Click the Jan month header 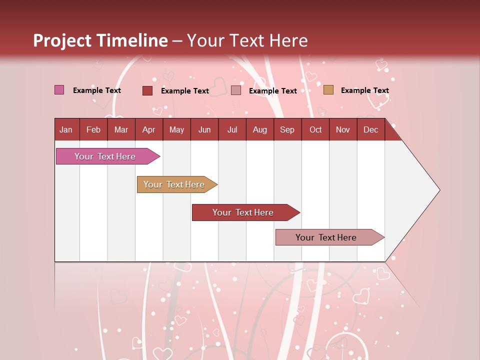coord(66,129)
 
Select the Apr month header coord(148,129)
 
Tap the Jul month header coord(232,129)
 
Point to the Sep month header coord(287,129)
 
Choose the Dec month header coord(370,129)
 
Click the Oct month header coord(315,129)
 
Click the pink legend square coord(59,90)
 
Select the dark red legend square coord(147,90)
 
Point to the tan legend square coord(328,90)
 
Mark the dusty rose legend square coord(236,90)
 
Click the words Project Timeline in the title coord(100,40)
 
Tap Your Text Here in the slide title coord(247,40)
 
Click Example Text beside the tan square coord(364,90)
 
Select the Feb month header coord(93,129)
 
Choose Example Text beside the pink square coord(96,90)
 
